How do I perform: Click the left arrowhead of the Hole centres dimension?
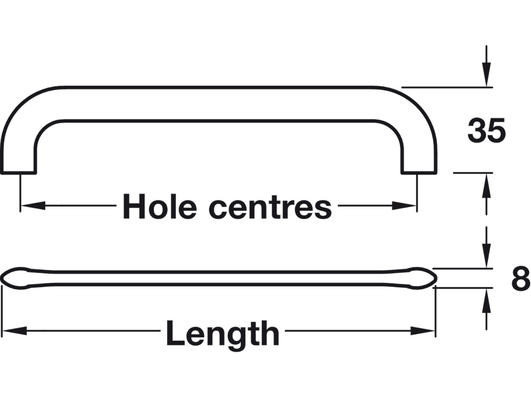click(32, 206)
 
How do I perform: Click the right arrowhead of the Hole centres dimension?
click(404, 206)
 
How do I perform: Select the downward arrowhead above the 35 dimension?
click(486, 77)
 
